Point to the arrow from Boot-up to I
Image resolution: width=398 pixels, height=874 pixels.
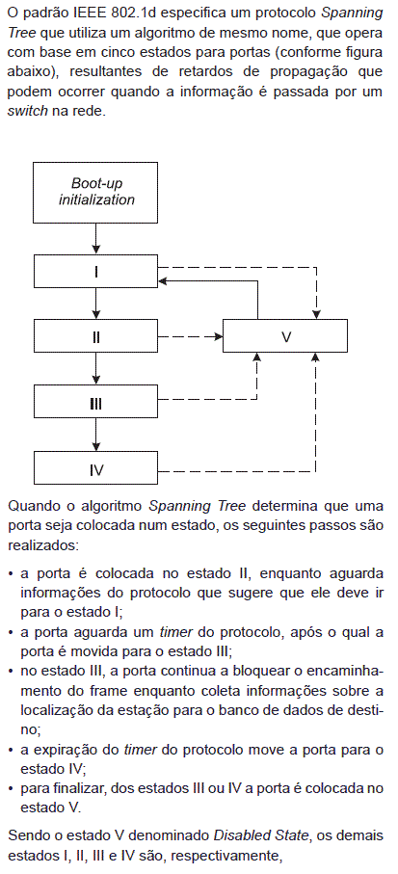95,239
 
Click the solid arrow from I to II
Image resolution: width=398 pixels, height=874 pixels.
95,304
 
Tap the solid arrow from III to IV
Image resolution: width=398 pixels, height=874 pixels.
95,436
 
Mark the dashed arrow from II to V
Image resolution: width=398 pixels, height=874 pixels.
191,336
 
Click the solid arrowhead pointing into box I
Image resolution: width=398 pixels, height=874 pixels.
163,280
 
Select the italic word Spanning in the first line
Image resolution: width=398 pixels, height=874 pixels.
360,13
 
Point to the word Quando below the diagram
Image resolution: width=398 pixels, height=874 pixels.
31,506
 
